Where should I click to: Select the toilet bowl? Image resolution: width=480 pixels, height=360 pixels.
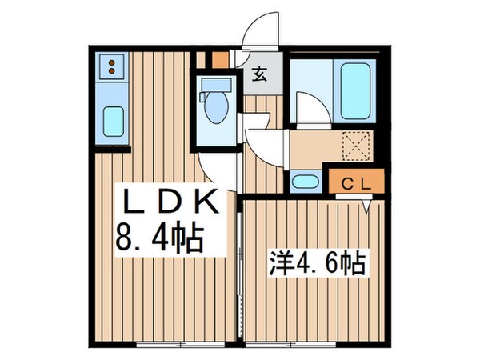214,110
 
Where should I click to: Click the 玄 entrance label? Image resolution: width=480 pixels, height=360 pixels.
261,76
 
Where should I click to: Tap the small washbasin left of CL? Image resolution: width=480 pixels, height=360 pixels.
304,181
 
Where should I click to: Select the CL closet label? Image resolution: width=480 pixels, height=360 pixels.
354,182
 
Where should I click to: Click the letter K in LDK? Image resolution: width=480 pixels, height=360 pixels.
205,202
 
